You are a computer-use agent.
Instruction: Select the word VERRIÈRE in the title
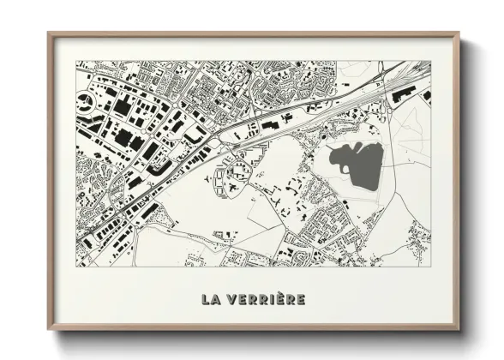coord(266,299)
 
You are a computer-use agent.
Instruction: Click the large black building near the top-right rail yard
coord(400,97)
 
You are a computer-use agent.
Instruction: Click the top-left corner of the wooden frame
coord(50,34)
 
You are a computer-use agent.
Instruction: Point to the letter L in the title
coord(206,299)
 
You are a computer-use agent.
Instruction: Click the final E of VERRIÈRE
coord(300,299)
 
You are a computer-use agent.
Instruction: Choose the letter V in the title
coord(231,299)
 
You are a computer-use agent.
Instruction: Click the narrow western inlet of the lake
coord(333,153)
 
